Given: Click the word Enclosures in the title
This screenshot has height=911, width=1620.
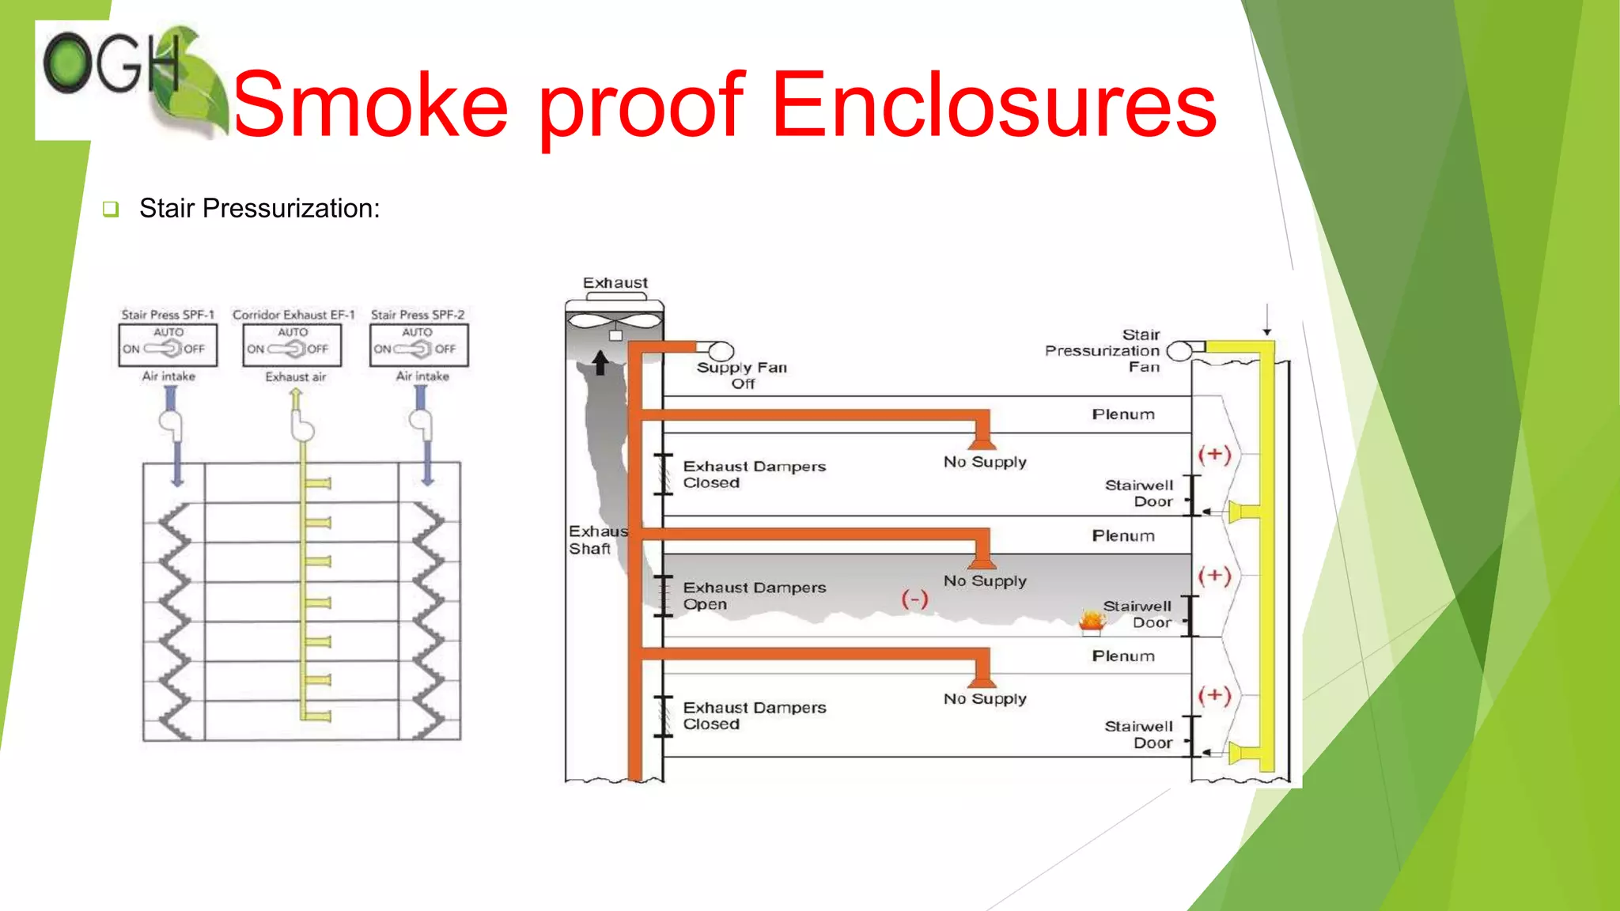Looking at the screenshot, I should pos(994,106).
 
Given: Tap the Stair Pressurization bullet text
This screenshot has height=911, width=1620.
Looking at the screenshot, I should pos(259,209).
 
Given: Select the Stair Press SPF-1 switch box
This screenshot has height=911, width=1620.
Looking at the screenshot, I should pos(168,346).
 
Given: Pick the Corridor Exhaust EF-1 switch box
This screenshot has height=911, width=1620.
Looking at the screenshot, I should pos(292,346).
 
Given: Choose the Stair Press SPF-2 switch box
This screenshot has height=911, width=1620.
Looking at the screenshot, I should pos(418,346).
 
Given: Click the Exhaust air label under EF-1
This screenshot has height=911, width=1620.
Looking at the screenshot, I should pos(295,377).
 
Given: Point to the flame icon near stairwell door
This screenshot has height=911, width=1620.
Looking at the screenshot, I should pos(1092,622).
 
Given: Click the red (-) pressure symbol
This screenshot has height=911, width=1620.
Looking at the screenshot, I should pos(914,599).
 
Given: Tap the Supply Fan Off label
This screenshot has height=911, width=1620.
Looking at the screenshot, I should pos(742,376).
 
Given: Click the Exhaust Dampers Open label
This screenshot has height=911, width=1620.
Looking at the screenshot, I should pos(754,595).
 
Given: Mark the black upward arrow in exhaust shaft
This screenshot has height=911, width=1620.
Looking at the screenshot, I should pos(600,363).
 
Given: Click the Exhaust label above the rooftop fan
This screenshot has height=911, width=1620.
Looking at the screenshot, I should pos(615,283).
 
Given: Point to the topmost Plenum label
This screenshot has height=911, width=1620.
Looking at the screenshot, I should pos(1123,414).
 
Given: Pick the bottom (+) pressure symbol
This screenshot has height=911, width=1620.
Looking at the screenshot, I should pos(1214,696).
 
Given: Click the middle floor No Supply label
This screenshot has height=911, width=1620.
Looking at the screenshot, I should pos(985,581).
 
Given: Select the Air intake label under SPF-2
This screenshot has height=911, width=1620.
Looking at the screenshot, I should pos(422,376).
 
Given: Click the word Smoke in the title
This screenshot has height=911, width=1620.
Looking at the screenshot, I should pos(370,106).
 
